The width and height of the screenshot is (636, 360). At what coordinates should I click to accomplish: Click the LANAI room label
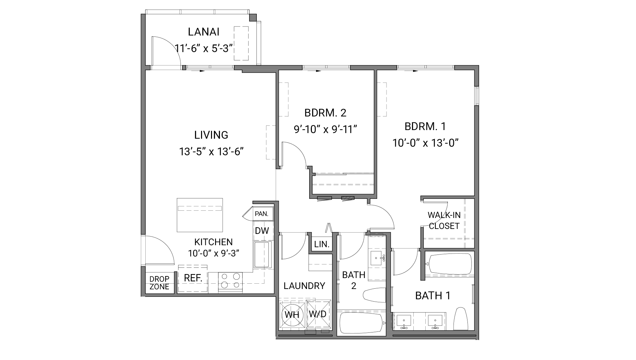coord(203,32)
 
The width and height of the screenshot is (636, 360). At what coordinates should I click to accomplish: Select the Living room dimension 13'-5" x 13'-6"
coord(212,152)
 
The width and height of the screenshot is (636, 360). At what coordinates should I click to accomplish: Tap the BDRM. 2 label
coord(325,113)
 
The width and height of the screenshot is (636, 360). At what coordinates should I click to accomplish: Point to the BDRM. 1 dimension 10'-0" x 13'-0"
coord(425,143)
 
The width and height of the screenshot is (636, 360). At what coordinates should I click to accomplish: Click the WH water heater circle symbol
coord(292,314)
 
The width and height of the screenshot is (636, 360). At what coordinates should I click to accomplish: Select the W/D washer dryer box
coord(318,314)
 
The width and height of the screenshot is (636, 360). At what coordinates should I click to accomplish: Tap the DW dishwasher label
coord(262,231)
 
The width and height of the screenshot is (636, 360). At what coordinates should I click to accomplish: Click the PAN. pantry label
coord(261,214)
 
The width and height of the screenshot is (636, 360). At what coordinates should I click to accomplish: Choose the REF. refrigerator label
coord(193,278)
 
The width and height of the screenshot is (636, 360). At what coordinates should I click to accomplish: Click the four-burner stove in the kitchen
coord(230,281)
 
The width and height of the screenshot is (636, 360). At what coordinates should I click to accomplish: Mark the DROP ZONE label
coord(159,283)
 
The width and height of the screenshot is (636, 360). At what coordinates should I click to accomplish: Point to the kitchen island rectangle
coord(200,215)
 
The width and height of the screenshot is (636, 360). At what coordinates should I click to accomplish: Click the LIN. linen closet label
coord(321,245)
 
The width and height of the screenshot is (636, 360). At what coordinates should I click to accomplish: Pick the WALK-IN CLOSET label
coord(444,221)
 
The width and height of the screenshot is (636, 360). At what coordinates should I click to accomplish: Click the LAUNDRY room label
coord(304,286)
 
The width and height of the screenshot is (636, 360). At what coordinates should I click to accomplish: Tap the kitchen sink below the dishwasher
coord(262,255)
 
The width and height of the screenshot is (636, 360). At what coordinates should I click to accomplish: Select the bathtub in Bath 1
coord(449,264)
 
